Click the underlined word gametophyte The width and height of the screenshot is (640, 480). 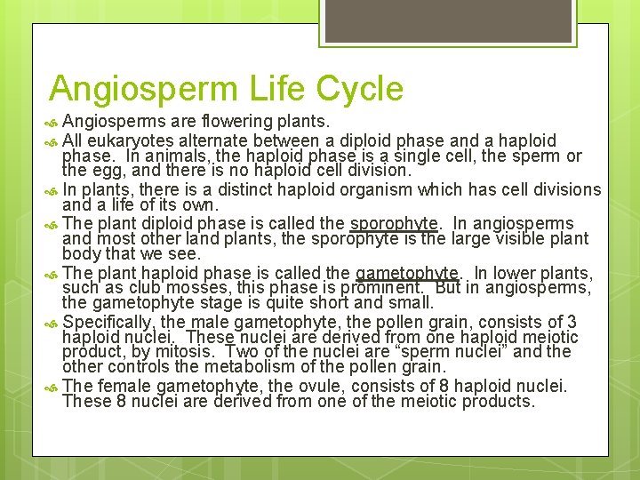pos(406,273)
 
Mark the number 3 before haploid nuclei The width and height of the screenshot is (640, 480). pos(572,322)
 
